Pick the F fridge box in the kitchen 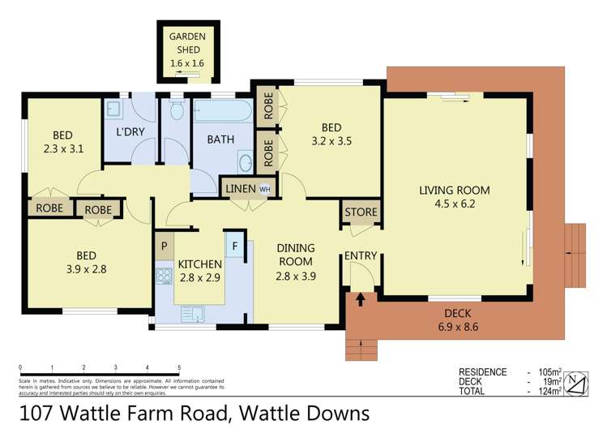point(235,245)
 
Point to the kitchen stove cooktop point(164,275)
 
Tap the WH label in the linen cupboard point(264,189)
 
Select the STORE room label point(361,212)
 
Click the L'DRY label point(130,131)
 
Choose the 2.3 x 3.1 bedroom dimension point(64,148)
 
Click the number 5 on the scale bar point(178,367)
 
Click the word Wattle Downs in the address point(310,412)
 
